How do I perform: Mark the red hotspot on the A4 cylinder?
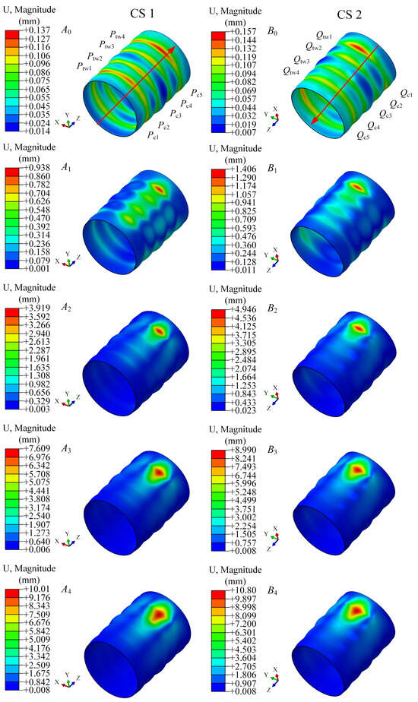coord(158,612)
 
